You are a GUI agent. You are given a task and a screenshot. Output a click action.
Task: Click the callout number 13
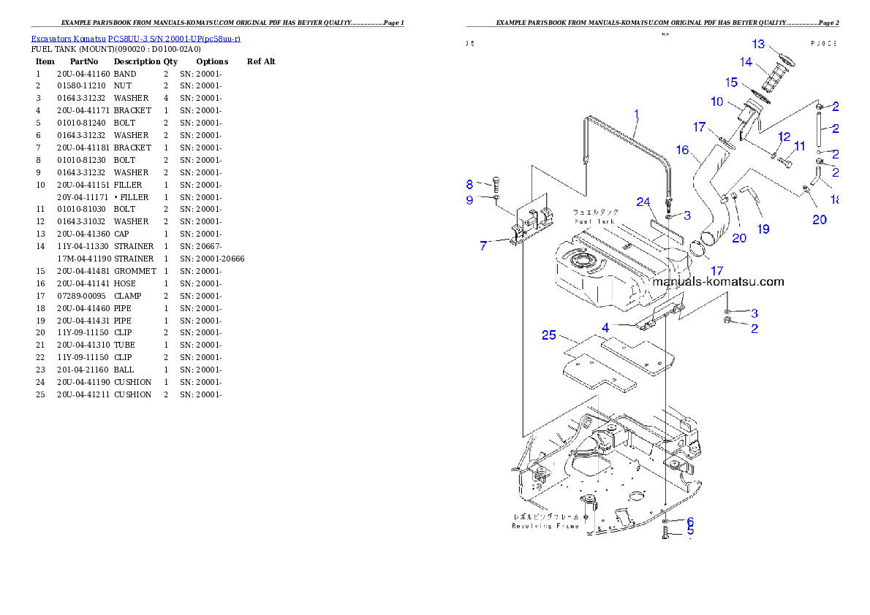758,45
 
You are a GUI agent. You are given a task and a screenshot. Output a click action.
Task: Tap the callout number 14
746,62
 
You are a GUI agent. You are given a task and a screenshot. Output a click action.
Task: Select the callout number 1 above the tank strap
637,114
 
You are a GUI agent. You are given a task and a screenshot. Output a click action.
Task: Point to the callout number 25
549,335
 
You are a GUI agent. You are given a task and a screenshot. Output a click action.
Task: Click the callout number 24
643,202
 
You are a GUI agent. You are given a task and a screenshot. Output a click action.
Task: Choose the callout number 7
483,246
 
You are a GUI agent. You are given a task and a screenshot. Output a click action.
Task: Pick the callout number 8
470,184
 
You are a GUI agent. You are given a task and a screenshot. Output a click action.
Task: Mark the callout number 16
682,150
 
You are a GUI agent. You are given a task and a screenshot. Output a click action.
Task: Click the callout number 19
763,229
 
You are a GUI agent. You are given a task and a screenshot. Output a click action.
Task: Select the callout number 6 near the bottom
689,520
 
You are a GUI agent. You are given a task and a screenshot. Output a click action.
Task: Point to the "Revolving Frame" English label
545,526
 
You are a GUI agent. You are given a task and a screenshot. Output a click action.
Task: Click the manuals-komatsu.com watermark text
718,281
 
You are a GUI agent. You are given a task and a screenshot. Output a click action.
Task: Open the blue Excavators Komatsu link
135,38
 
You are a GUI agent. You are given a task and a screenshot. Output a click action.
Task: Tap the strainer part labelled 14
772,77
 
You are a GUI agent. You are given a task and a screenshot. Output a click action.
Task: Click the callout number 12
784,137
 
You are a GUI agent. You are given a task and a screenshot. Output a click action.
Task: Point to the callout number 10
716,101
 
